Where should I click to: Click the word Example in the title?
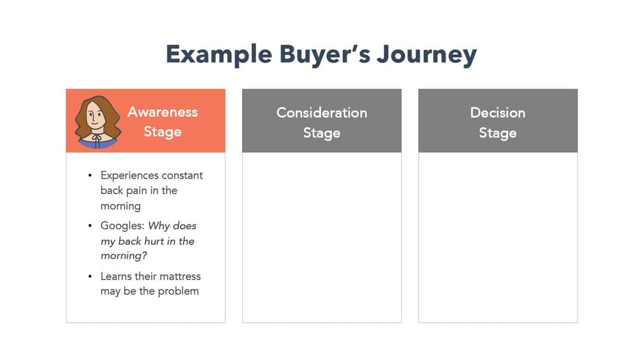tap(219, 55)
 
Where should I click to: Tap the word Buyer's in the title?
tap(324, 54)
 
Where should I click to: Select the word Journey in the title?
tap(427, 55)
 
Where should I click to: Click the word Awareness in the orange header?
tap(163, 112)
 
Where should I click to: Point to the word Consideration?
tap(322, 113)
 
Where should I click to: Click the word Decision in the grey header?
tap(497, 113)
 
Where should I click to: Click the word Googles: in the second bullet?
tap(123, 226)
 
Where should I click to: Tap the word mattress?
tap(181, 276)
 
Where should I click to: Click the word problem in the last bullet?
tap(178, 291)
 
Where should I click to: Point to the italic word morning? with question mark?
tap(124, 256)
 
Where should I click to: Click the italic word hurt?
tap(154, 241)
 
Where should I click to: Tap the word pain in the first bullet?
tap(137, 191)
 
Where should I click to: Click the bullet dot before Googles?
tap(90, 226)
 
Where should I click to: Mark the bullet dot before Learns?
tap(90, 276)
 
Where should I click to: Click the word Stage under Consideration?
tap(322, 133)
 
